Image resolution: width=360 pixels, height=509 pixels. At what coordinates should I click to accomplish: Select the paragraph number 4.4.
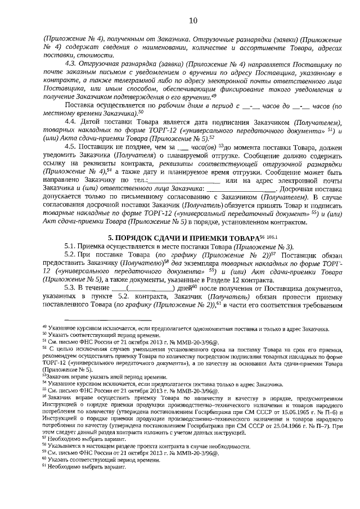click(x=72, y=121)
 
